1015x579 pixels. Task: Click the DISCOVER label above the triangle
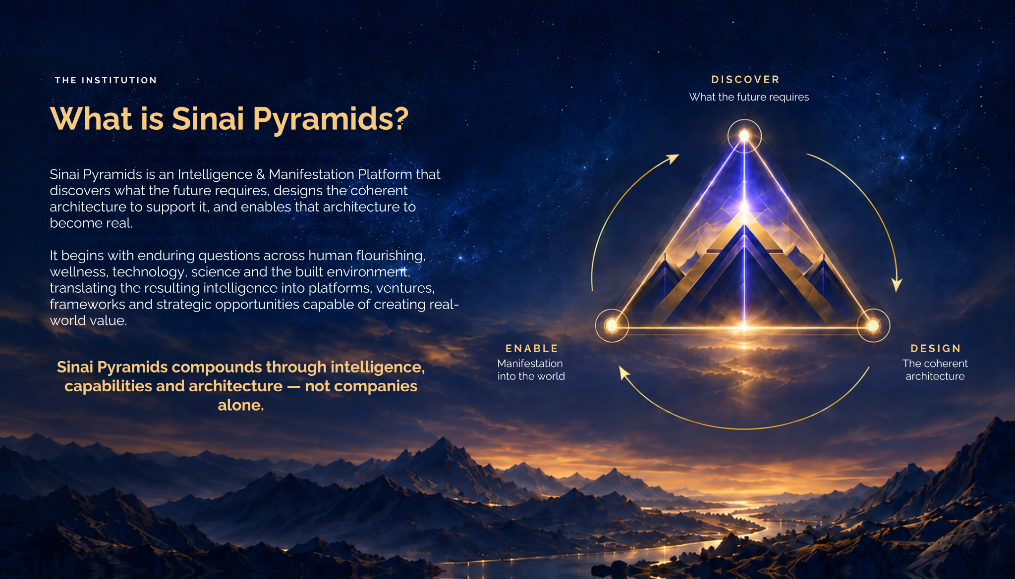click(x=745, y=79)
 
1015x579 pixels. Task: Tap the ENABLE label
click(x=532, y=348)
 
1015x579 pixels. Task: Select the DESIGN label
click(x=936, y=348)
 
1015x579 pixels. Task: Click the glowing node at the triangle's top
click(x=744, y=136)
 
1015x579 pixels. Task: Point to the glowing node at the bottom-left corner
click(x=612, y=325)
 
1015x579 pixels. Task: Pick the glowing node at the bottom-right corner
click(x=873, y=325)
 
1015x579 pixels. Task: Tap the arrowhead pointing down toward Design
click(x=897, y=284)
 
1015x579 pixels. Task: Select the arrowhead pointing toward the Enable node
click(x=624, y=372)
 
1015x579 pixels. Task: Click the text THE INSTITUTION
click(x=106, y=80)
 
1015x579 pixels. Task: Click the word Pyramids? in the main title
click(x=331, y=119)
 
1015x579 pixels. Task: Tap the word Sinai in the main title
click(x=208, y=119)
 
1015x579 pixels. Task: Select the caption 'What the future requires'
click(x=749, y=97)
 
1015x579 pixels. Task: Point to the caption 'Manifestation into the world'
click(x=531, y=369)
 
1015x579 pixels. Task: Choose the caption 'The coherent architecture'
click(x=935, y=369)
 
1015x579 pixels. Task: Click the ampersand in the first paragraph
click(x=261, y=174)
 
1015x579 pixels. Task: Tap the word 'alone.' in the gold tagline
click(x=241, y=405)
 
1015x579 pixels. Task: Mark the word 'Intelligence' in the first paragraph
click(x=215, y=175)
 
